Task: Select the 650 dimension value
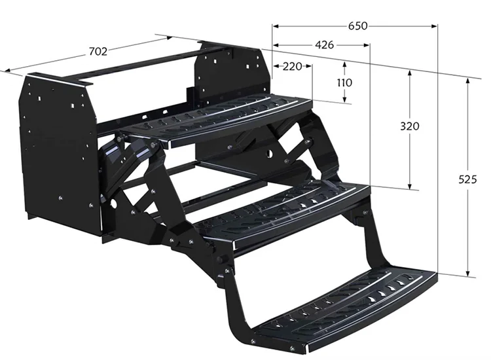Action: (x=357, y=26)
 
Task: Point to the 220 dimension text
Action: (x=293, y=66)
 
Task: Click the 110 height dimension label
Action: (x=344, y=82)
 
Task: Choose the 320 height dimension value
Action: (x=410, y=126)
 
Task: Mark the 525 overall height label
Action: (x=467, y=177)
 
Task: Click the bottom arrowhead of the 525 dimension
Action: (x=467, y=274)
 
